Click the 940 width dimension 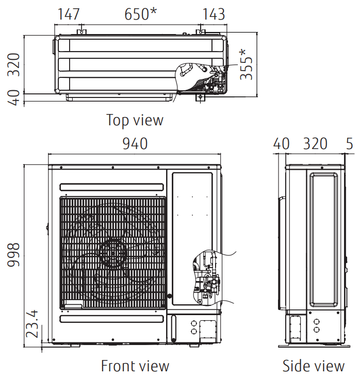pyautogui.click(x=135, y=143)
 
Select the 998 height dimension pyautogui.click(x=14, y=254)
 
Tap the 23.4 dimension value pyautogui.click(x=32, y=323)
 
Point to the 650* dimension pyautogui.click(x=140, y=14)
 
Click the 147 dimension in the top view pyautogui.click(x=72, y=14)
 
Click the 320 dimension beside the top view pyautogui.click(x=14, y=64)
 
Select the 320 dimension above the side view pyautogui.click(x=315, y=143)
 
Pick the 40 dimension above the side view pyautogui.click(x=281, y=143)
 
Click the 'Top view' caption pyautogui.click(x=135, y=120)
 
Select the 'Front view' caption pyautogui.click(x=135, y=366)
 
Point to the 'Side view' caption pyautogui.click(x=313, y=366)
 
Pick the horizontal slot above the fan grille pyautogui.click(x=112, y=187)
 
